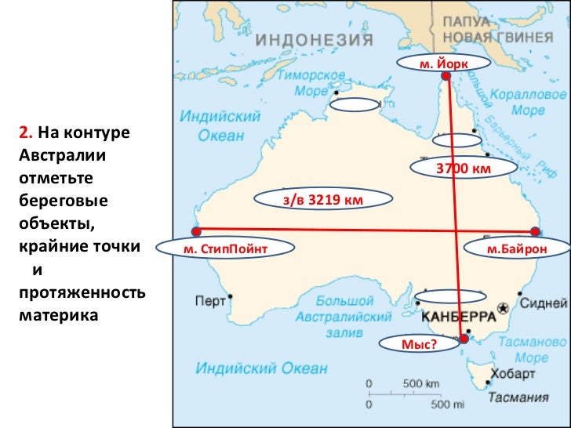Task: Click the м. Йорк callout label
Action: click(443, 63)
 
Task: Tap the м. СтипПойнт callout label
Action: click(225, 249)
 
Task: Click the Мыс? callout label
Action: click(418, 343)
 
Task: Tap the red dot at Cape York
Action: click(446, 77)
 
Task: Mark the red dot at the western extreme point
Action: click(196, 231)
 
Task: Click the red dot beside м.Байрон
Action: click(535, 232)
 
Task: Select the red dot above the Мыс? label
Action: click(464, 339)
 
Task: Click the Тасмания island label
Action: click(518, 397)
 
